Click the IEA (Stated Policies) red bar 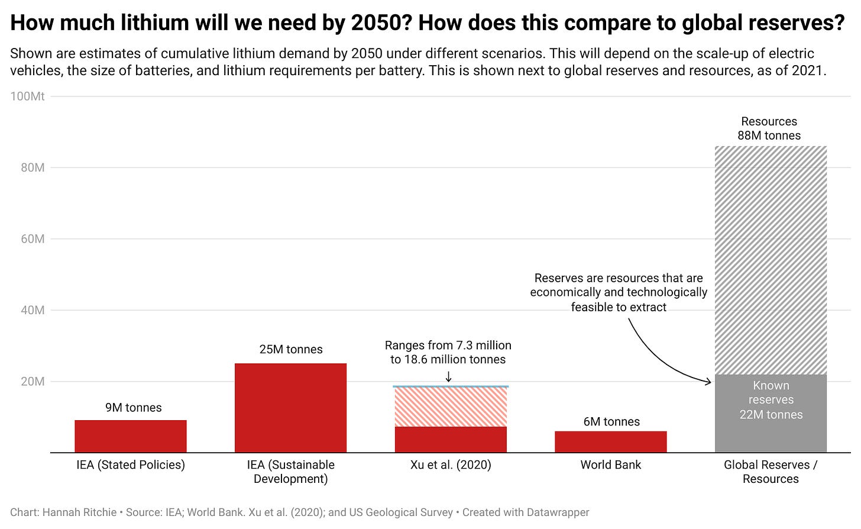tap(131, 436)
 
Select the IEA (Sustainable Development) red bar tap(290, 408)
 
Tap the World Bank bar tap(610, 441)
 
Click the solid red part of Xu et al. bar tap(451, 439)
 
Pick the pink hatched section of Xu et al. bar tap(451, 407)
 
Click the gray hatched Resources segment tap(771, 260)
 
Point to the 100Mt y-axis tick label tap(28, 96)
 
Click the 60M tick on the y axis tap(33, 239)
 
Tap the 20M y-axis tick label tap(33, 382)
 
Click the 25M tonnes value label tap(291, 350)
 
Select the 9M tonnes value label tap(134, 408)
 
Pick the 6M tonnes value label tap(611, 422)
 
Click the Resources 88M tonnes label tap(769, 128)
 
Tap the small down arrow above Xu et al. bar tap(448, 376)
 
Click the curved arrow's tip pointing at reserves tap(710, 382)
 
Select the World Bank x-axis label tap(610, 465)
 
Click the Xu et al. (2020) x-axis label tap(451, 465)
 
